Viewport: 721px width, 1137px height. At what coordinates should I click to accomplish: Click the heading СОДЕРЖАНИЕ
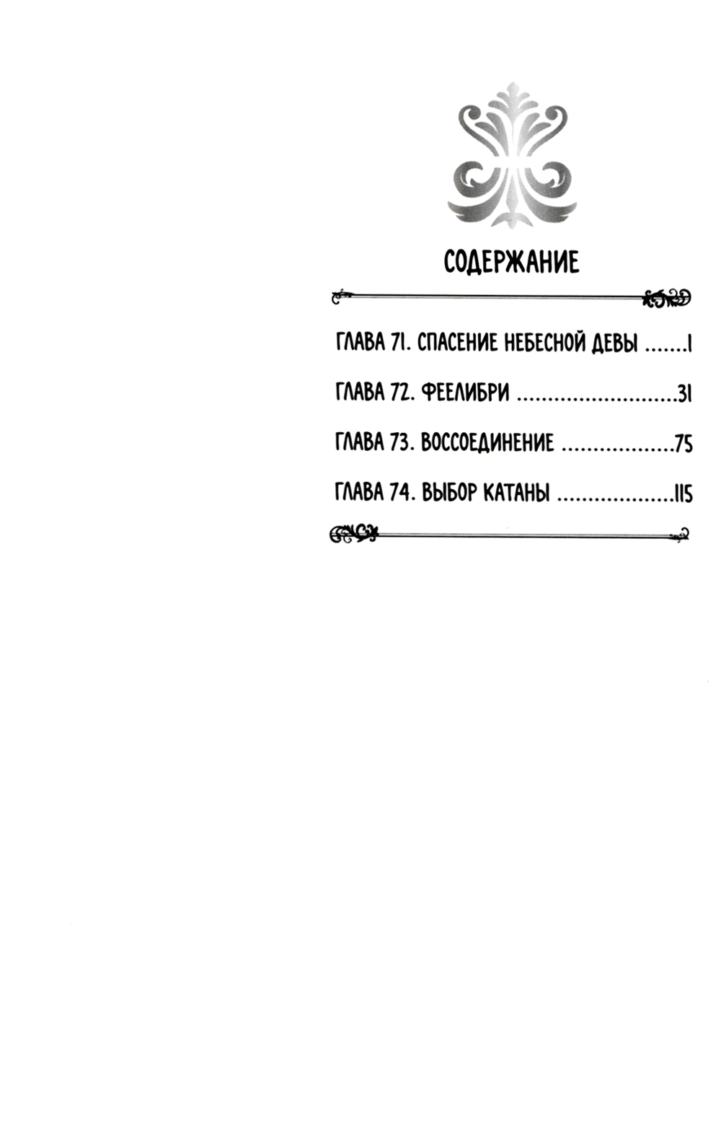pyautogui.click(x=511, y=263)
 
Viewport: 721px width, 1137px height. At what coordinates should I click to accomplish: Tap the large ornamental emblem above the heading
pyautogui.click(x=512, y=155)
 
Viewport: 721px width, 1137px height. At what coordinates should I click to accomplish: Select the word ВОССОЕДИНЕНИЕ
pyautogui.click(x=487, y=443)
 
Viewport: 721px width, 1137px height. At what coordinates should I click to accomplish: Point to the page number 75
pyautogui.click(x=684, y=443)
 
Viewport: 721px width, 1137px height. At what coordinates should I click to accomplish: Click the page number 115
pyautogui.click(x=683, y=492)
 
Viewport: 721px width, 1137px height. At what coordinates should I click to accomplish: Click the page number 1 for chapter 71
pyautogui.click(x=689, y=344)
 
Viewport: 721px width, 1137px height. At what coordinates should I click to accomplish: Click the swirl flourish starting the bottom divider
pyautogui.click(x=353, y=533)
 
